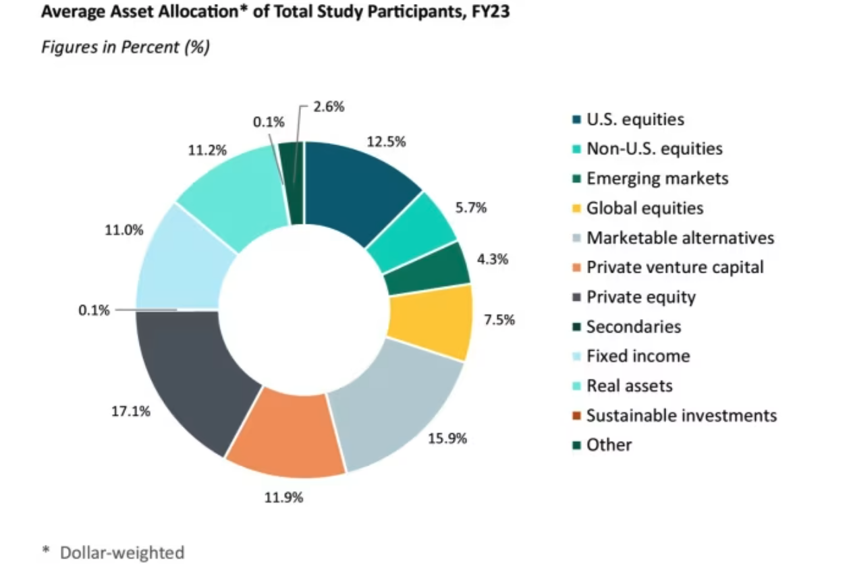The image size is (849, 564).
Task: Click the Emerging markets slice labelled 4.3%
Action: (x=427, y=268)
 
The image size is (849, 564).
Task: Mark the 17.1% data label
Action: (x=130, y=411)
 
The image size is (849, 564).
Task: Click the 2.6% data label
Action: (x=329, y=107)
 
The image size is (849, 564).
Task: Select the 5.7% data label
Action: (x=471, y=208)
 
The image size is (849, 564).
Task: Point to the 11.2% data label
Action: (x=207, y=150)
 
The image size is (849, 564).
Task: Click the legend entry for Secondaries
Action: (x=633, y=327)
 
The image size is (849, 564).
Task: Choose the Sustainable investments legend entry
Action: (x=681, y=416)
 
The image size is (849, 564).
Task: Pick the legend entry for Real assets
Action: (x=629, y=386)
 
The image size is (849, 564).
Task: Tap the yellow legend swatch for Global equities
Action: (x=576, y=208)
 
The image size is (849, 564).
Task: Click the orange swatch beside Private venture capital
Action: (x=576, y=268)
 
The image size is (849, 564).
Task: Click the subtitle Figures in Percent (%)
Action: (x=125, y=47)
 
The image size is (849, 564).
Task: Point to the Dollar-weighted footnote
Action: (x=121, y=553)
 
